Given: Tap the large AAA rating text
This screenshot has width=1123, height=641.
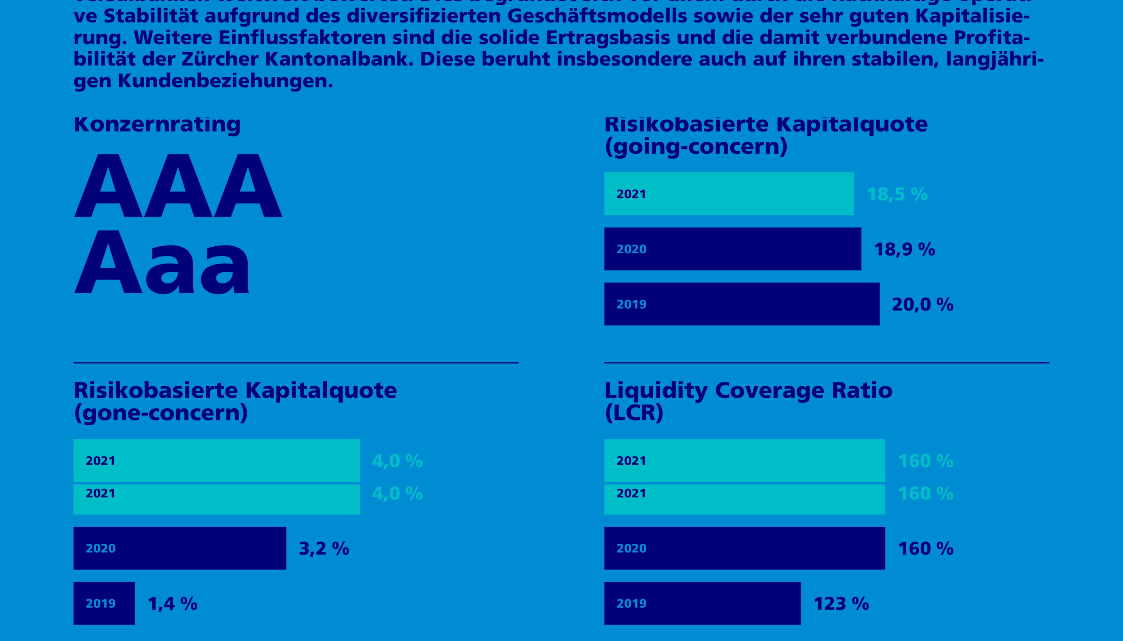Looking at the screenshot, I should (178, 186).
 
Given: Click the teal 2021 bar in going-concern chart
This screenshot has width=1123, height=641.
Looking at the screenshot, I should (729, 194).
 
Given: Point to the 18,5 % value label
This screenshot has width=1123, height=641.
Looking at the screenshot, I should (897, 194).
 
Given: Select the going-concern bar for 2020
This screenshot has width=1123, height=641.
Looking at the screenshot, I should (732, 249).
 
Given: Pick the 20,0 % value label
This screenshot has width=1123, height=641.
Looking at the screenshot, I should (922, 305).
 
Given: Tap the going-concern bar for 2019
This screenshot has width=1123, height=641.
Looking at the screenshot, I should (741, 304).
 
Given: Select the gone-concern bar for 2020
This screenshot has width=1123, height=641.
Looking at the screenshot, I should (180, 548).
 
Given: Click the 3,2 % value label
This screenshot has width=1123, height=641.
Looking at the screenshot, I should (324, 548).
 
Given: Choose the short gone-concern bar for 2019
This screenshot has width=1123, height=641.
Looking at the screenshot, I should (104, 603).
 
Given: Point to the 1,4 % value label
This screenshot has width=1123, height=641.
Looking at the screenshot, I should (172, 604).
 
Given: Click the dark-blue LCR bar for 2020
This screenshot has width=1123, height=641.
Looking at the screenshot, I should (744, 548).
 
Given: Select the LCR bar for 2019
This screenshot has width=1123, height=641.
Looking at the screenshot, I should (702, 603).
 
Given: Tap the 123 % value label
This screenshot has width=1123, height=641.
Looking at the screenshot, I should (841, 604).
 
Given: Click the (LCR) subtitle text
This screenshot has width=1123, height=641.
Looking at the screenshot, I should (634, 413).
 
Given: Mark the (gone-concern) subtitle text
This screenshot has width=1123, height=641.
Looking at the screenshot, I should (161, 413).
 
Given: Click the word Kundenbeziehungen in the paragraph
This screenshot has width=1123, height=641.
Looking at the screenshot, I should (224, 81).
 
